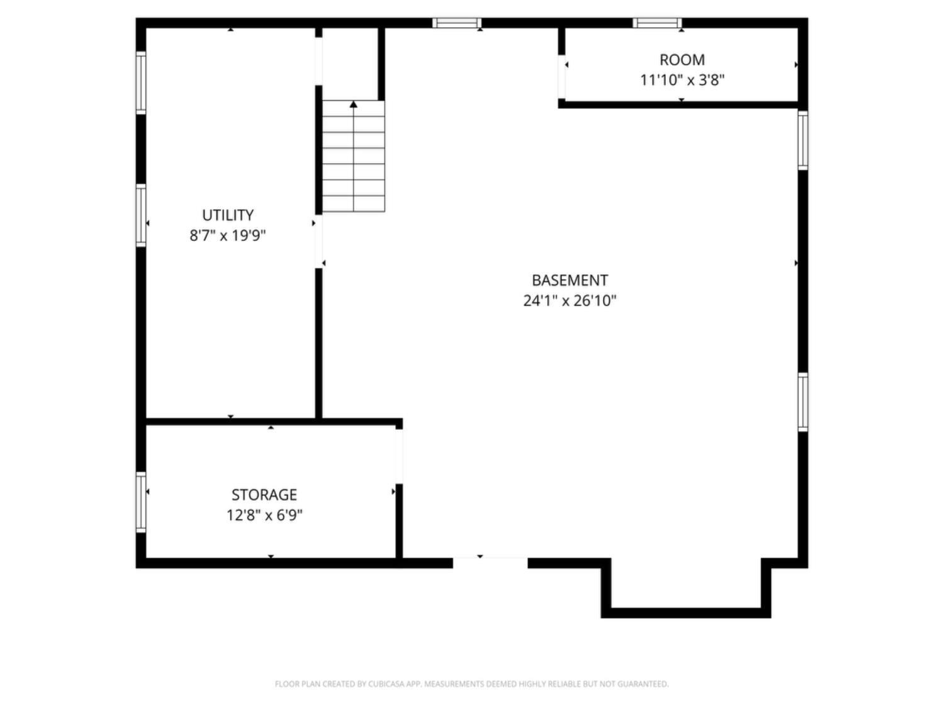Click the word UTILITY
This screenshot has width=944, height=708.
coord(228,215)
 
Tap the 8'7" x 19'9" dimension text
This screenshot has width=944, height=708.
coord(228,235)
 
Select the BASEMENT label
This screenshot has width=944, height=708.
coord(570,280)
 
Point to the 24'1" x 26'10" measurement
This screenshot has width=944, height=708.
coord(570,301)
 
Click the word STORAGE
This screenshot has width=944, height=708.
coord(264,495)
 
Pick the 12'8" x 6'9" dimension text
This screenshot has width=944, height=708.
coord(264,515)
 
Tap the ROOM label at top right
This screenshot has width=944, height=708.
coord(682,60)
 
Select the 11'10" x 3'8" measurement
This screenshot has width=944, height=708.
coord(682,80)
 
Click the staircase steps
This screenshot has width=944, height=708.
coord(354,164)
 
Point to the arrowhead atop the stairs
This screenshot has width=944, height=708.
coord(354,104)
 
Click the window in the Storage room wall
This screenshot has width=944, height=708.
coord(141,502)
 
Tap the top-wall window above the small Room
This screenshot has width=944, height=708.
coord(657,23)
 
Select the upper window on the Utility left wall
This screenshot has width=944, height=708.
coord(141,82)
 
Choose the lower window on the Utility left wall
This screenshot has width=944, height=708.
coord(141,215)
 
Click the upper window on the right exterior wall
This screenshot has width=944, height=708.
coord(803,140)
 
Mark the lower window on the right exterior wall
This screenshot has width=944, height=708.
coord(803,402)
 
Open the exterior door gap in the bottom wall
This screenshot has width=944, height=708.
coord(490,563)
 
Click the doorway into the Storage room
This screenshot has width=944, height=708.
coord(399,456)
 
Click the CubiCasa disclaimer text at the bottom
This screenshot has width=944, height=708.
coord(471,684)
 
